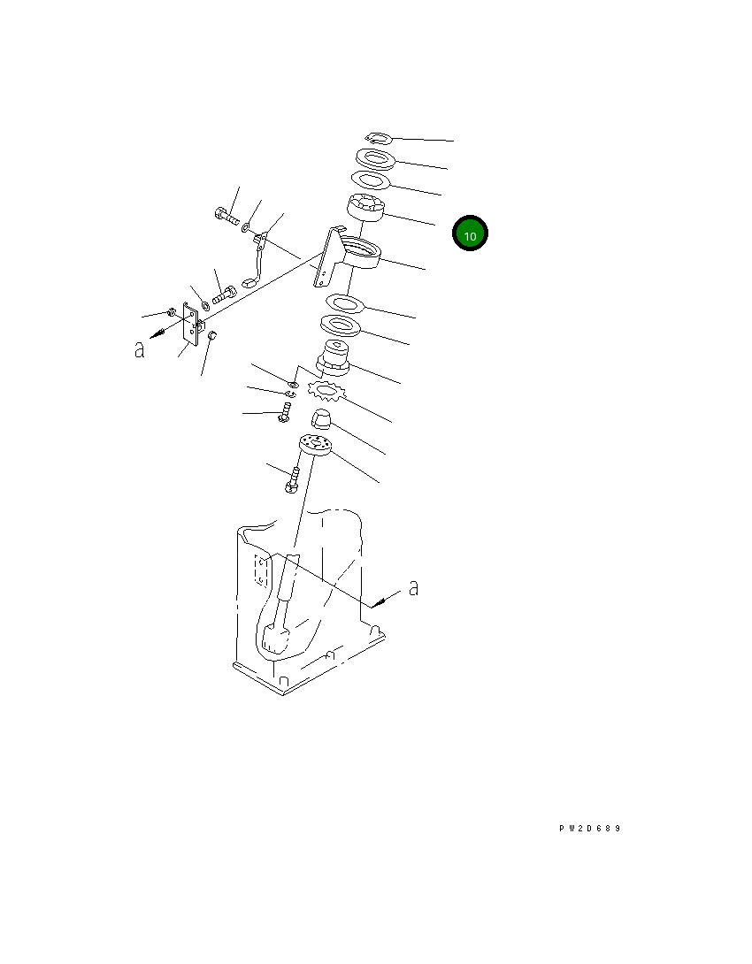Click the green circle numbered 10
tap(470, 233)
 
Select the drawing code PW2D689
tap(590, 828)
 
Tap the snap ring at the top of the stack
tap(378, 138)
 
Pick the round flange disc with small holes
tap(316, 443)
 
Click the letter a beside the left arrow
tap(140, 349)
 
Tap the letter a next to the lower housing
tap(414, 588)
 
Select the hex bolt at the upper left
tap(226, 217)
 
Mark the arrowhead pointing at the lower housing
tap(378, 602)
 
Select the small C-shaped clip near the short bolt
tap(289, 394)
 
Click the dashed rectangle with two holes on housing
tap(261, 571)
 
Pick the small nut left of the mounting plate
tap(172, 312)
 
